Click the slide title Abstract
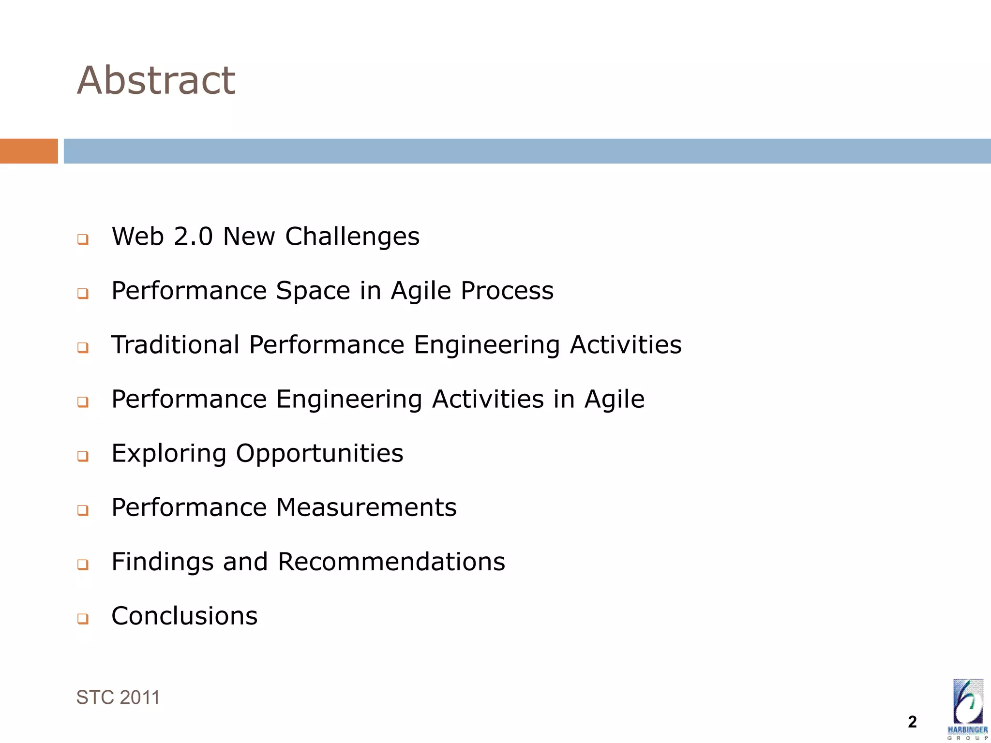(x=156, y=80)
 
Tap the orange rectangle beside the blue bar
(x=29, y=151)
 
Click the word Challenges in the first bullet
(x=352, y=237)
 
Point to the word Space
(x=313, y=291)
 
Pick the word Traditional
(x=176, y=345)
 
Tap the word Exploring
(x=169, y=454)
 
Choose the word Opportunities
(x=319, y=454)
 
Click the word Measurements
(x=366, y=507)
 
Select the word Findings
(x=163, y=562)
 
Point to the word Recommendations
(x=391, y=562)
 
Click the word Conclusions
(x=184, y=616)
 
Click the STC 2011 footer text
(x=118, y=698)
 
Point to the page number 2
(x=912, y=722)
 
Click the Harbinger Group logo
(x=967, y=709)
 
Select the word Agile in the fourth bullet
(x=614, y=400)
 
